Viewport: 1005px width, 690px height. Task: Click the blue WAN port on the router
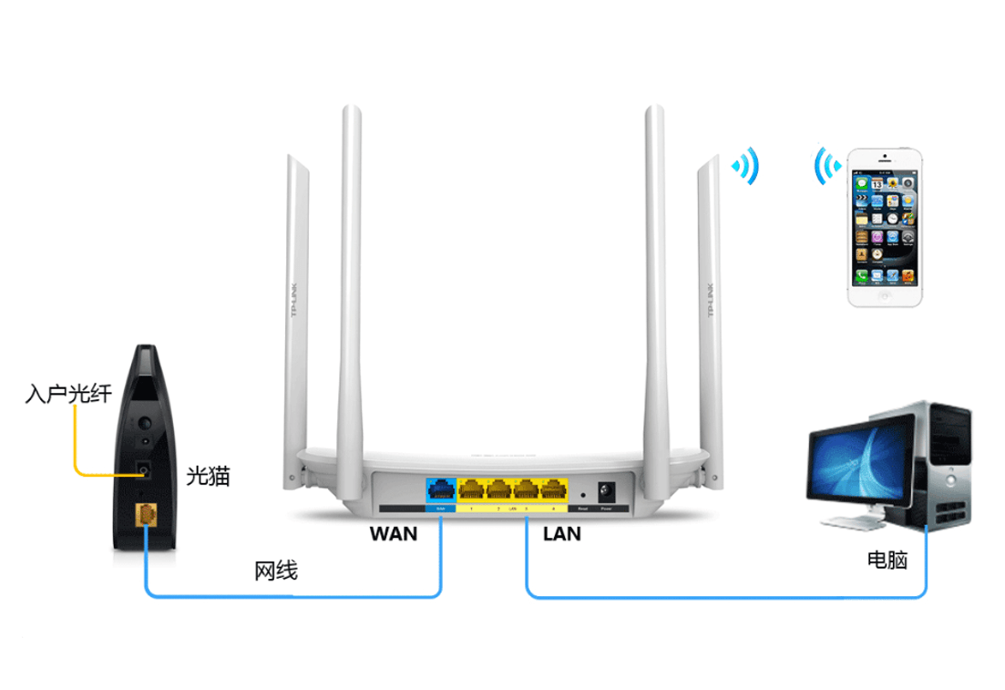[441, 490]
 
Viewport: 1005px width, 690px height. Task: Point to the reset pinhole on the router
[582, 493]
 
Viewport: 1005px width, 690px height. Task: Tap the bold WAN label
[394, 534]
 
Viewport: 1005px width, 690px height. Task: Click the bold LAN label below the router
[561, 534]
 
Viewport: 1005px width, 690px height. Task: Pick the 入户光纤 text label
[68, 394]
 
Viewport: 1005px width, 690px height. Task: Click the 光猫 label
[208, 475]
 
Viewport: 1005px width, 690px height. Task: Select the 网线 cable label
[275, 572]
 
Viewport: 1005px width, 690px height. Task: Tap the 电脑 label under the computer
[887, 559]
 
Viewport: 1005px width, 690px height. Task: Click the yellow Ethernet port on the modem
[145, 515]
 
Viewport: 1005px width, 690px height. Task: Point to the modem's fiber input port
[143, 469]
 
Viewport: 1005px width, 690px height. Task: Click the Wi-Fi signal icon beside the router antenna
[747, 167]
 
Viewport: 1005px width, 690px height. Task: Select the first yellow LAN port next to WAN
[472, 490]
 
